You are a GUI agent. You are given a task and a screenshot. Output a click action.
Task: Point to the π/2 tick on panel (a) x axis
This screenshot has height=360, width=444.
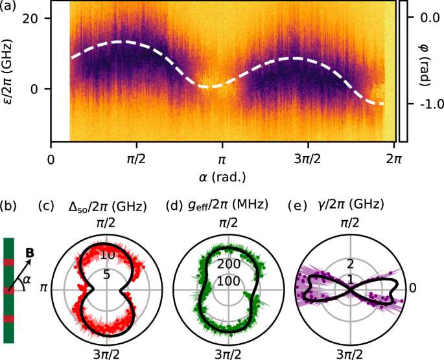pos(136,159)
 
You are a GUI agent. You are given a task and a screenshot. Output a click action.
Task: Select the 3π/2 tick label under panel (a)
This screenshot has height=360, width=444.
pos(306,159)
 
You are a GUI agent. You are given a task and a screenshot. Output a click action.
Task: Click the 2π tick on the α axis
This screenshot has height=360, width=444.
pos(391,159)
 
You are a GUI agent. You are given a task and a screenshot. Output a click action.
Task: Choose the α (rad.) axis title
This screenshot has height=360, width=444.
pos(222,176)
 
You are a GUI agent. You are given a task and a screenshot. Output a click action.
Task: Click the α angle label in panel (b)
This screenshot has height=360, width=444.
pos(27,280)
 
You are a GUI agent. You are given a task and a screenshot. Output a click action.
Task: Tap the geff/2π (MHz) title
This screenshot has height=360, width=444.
pos(228,207)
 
